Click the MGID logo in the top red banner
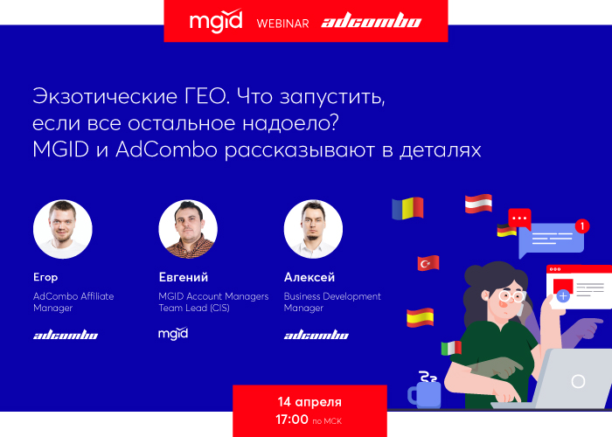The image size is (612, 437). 216,21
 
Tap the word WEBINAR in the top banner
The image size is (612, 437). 282,24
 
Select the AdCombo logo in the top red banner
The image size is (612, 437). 372,20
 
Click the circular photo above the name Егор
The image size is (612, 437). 63,229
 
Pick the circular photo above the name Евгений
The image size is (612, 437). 188,229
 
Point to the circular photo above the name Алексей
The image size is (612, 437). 313,229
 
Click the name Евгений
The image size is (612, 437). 184,277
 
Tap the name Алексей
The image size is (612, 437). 309,277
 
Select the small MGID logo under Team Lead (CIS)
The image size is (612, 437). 173,334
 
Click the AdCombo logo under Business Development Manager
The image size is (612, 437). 316,335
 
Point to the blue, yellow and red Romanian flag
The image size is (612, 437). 407,208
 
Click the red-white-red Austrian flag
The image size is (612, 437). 478,204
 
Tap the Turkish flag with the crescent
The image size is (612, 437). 428,263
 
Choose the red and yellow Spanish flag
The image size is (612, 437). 420,317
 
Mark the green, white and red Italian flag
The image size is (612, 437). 451,348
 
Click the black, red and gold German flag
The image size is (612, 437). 506,230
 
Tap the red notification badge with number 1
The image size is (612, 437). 582,225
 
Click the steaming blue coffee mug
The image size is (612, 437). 424,390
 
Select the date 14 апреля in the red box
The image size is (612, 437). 309,402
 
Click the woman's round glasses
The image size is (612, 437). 512,296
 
